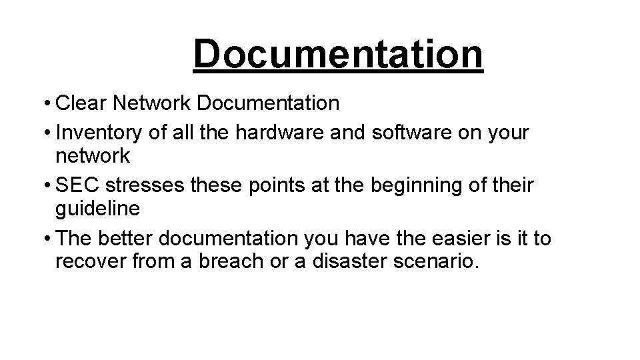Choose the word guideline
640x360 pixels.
(x=98, y=208)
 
